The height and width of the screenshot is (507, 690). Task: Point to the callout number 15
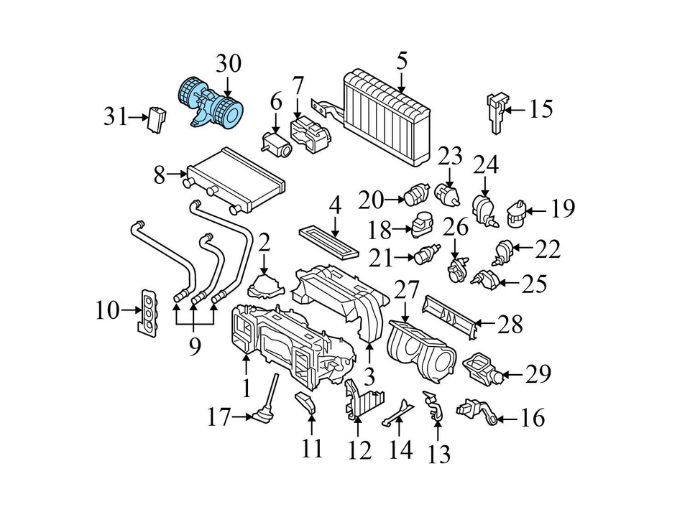[x=540, y=109]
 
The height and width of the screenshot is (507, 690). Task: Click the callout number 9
[x=194, y=347]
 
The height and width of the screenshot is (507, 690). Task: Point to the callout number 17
[x=218, y=417]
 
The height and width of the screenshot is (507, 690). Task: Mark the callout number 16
[x=532, y=418]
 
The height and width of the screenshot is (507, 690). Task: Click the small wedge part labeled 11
[x=305, y=404]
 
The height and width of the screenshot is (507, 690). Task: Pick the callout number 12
[x=359, y=450]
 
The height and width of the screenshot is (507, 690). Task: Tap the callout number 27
[x=406, y=291]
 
